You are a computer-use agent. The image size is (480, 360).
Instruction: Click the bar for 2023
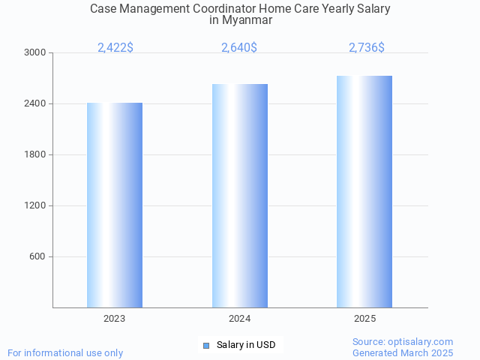[x=115, y=205]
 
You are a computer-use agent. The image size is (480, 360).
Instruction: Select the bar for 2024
[x=240, y=196]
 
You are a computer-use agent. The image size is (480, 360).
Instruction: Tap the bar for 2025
[x=364, y=191]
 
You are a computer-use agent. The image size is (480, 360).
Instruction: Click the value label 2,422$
[x=115, y=48]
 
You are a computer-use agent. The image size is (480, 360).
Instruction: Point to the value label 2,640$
[x=239, y=48]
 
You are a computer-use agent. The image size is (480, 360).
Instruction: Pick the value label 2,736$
[x=367, y=48]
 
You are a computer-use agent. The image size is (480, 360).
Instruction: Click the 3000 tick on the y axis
[x=34, y=53]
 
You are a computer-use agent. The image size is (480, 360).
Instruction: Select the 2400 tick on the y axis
[x=34, y=104]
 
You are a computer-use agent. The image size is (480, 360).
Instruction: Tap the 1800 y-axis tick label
[x=34, y=155]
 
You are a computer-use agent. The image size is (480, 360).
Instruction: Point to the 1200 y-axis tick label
[x=34, y=206]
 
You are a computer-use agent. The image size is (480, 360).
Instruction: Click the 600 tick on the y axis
[x=37, y=257]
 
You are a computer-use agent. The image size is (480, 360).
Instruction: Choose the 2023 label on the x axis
[x=115, y=319]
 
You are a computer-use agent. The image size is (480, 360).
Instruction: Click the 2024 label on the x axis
[x=240, y=319]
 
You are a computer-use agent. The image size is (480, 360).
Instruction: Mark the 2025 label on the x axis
[x=365, y=319]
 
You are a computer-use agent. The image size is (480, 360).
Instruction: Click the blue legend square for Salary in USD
[x=206, y=345]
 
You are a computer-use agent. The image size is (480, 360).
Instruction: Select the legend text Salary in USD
[x=246, y=345]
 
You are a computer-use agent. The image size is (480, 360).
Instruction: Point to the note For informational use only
[x=65, y=352]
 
